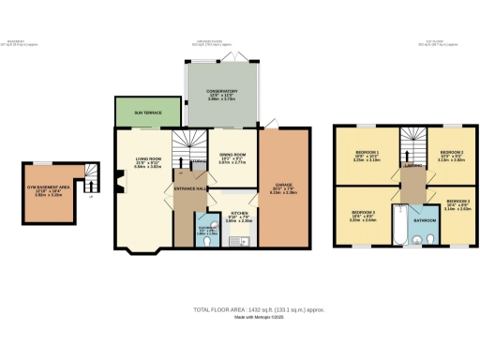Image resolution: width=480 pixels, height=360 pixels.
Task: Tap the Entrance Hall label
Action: (x=190, y=188)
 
